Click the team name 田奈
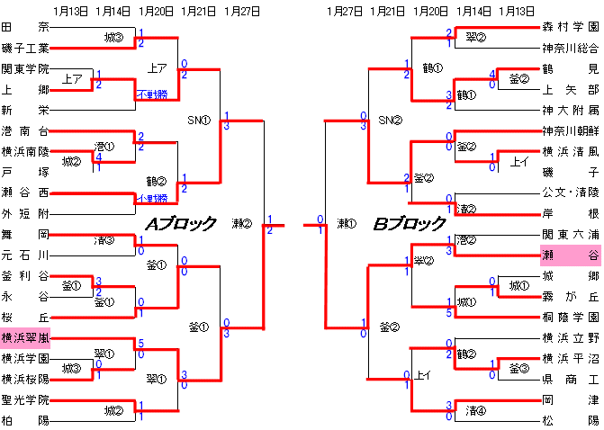tap(25, 30)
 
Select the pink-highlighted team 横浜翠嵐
tap(25, 339)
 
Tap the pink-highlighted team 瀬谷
tap(570, 255)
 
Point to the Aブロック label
tap(182, 223)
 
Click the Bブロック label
tap(410, 223)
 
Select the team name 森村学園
tap(570, 30)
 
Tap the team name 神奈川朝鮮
tap(570, 132)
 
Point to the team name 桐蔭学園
tap(570, 318)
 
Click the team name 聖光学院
tap(25, 399)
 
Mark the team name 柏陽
tap(25, 419)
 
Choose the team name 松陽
tap(570, 419)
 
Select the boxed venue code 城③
tap(71, 369)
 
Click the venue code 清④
tap(476, 411)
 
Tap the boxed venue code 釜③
tap(520, 369)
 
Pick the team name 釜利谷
tap(25, 276)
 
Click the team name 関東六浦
tap(570, 235)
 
